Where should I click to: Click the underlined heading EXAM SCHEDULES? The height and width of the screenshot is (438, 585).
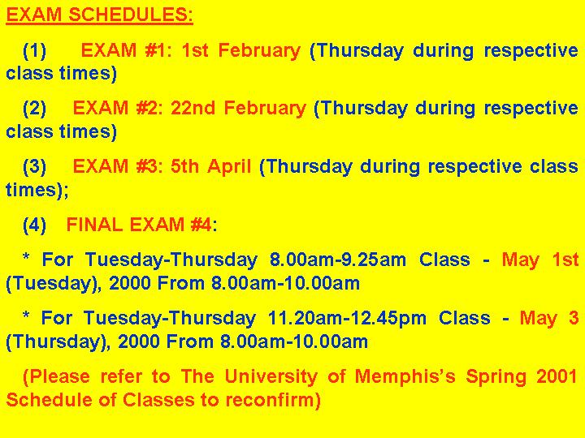coord(100,15)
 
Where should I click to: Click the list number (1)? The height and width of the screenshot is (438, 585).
coord(35,50)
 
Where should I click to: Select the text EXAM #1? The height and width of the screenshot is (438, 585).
coord(126,50)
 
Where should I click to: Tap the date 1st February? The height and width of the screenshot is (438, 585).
coord(241,51)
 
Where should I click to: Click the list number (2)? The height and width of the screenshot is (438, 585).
coord(35,109)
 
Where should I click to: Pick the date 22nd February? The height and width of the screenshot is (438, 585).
coord(238,109)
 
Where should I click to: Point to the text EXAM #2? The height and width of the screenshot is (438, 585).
coord(118,108)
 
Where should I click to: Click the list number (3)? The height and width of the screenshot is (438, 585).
coord(35,166)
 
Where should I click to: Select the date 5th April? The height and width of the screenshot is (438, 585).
coord(210,166)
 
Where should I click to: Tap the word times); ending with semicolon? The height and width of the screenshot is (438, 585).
coord(37,190)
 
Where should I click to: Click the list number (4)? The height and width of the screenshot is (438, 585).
coord(35,225)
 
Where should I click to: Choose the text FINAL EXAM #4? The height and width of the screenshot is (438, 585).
coord(139,225)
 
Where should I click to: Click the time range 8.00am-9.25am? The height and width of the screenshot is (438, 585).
coord(338,260)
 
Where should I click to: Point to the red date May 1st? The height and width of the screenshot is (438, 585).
coord(540,260)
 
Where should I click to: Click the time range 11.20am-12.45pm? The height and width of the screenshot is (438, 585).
coord(347,319)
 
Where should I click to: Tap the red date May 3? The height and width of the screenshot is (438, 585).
coord(549,319)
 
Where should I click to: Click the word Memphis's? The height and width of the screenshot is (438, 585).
coord(405,377)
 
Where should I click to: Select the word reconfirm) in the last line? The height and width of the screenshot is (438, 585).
coord(273,400)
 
